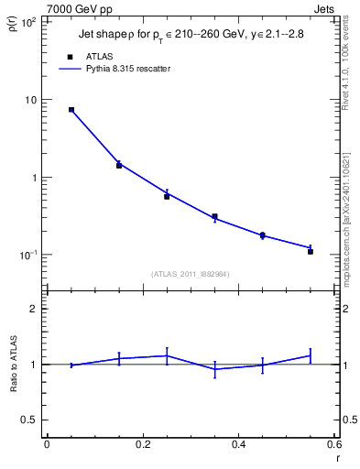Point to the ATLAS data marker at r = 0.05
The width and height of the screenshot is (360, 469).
pyautogui.click(x=71, y=110)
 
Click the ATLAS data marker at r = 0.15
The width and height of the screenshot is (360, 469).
pyautogui.click(x=119, y=166)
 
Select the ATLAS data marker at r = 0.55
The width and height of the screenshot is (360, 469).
pyautogui.click(x=311, y=251)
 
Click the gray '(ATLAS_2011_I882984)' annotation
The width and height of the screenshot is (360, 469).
pyautogui.click(x=190, y=275)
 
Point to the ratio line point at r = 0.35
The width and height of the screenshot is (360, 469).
pyautogui.click(x=214, y=369)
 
